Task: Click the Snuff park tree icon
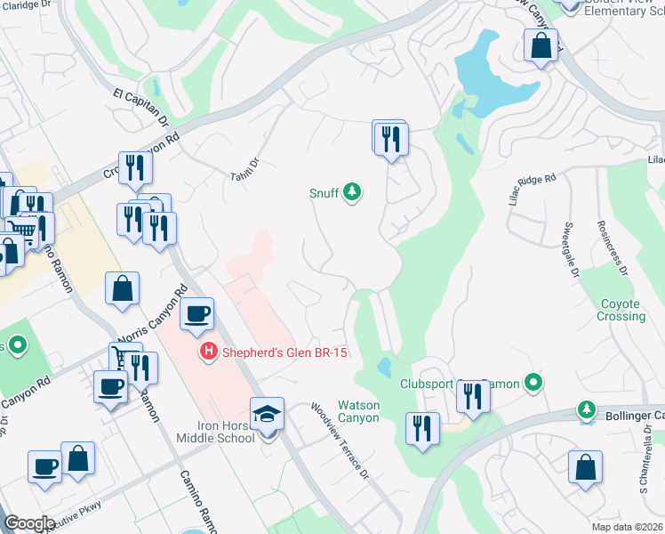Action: coord(353,191)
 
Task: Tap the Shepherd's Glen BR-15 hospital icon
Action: coord(209,352)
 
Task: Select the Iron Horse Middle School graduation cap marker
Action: coord(267,415)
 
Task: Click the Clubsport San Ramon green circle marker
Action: coord(533,384)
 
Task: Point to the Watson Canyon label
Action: coord(358,411)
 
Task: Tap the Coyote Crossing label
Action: coord(621,310)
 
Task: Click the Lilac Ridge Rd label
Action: coord(532,190)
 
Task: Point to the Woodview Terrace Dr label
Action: coord(339,441)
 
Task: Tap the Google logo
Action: coord(29,523)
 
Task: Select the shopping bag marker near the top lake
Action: coord(541,44)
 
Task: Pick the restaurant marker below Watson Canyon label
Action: coord(421,429)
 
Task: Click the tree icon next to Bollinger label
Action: coord(586,409)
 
